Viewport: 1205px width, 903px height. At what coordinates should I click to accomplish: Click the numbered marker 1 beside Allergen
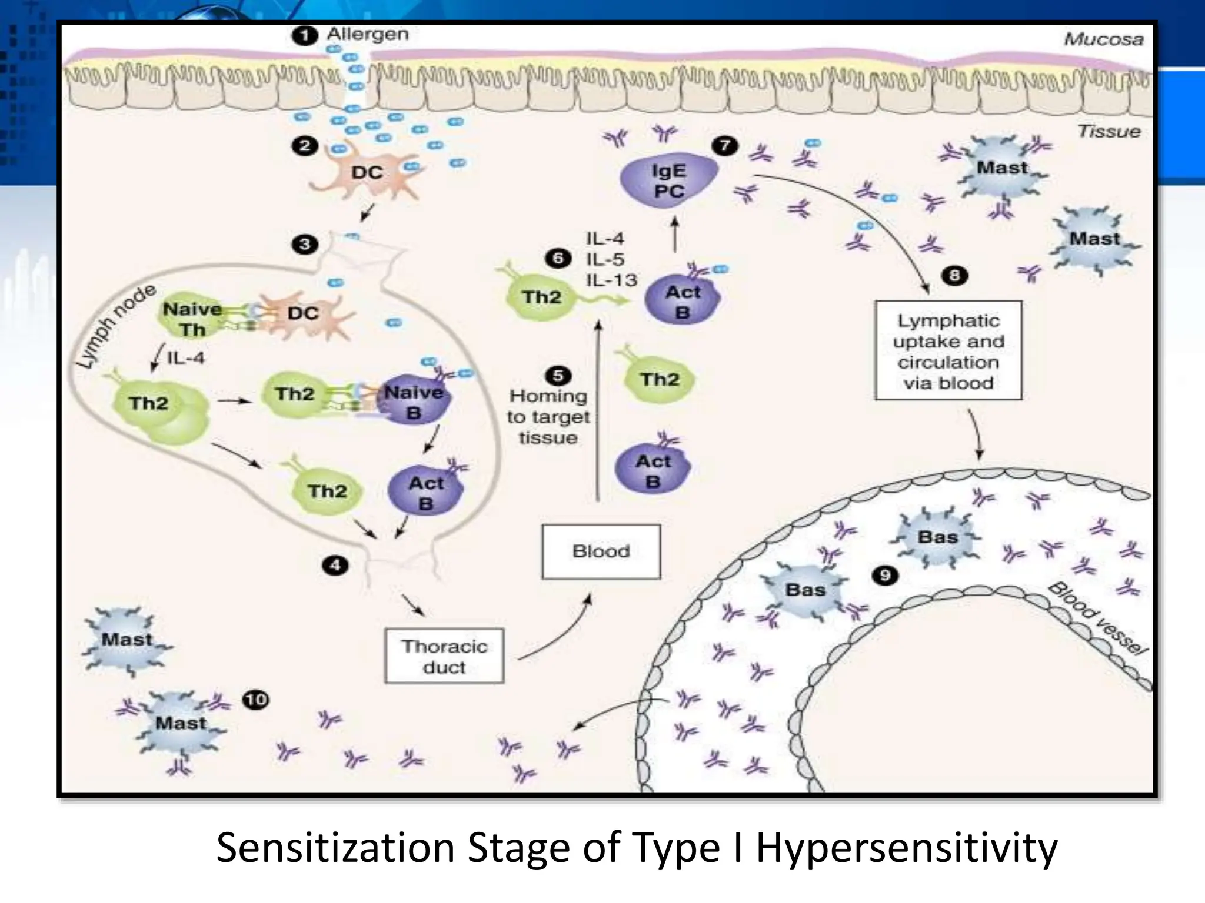(305, 36)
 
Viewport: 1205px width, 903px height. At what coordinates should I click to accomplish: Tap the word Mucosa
(1103, 39)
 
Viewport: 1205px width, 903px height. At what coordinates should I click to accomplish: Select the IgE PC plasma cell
(668, 180)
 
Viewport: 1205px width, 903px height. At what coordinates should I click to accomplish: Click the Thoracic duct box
(444, 656)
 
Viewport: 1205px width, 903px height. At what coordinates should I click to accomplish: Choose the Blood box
(601, 551)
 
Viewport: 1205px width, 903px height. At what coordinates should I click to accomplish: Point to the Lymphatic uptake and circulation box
(948, 351)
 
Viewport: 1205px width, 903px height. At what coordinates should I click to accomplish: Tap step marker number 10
(256, 700)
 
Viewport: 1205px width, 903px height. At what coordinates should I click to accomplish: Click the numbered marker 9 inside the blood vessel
(885, 575)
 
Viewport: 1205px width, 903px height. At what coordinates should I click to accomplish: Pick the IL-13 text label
(612, 280)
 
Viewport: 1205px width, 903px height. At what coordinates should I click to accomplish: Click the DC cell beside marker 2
(367, 172)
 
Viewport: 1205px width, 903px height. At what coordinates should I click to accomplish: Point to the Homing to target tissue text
(548, 417)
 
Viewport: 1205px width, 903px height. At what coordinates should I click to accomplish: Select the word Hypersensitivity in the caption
(906, 848)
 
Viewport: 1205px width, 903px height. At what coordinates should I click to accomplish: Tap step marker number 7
(724, 145)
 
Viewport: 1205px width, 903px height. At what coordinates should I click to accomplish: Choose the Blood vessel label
(1098, 618)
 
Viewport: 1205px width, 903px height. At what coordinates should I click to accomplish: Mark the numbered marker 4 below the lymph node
(335, 566)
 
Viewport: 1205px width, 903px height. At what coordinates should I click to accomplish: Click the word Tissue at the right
(1109, 131)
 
